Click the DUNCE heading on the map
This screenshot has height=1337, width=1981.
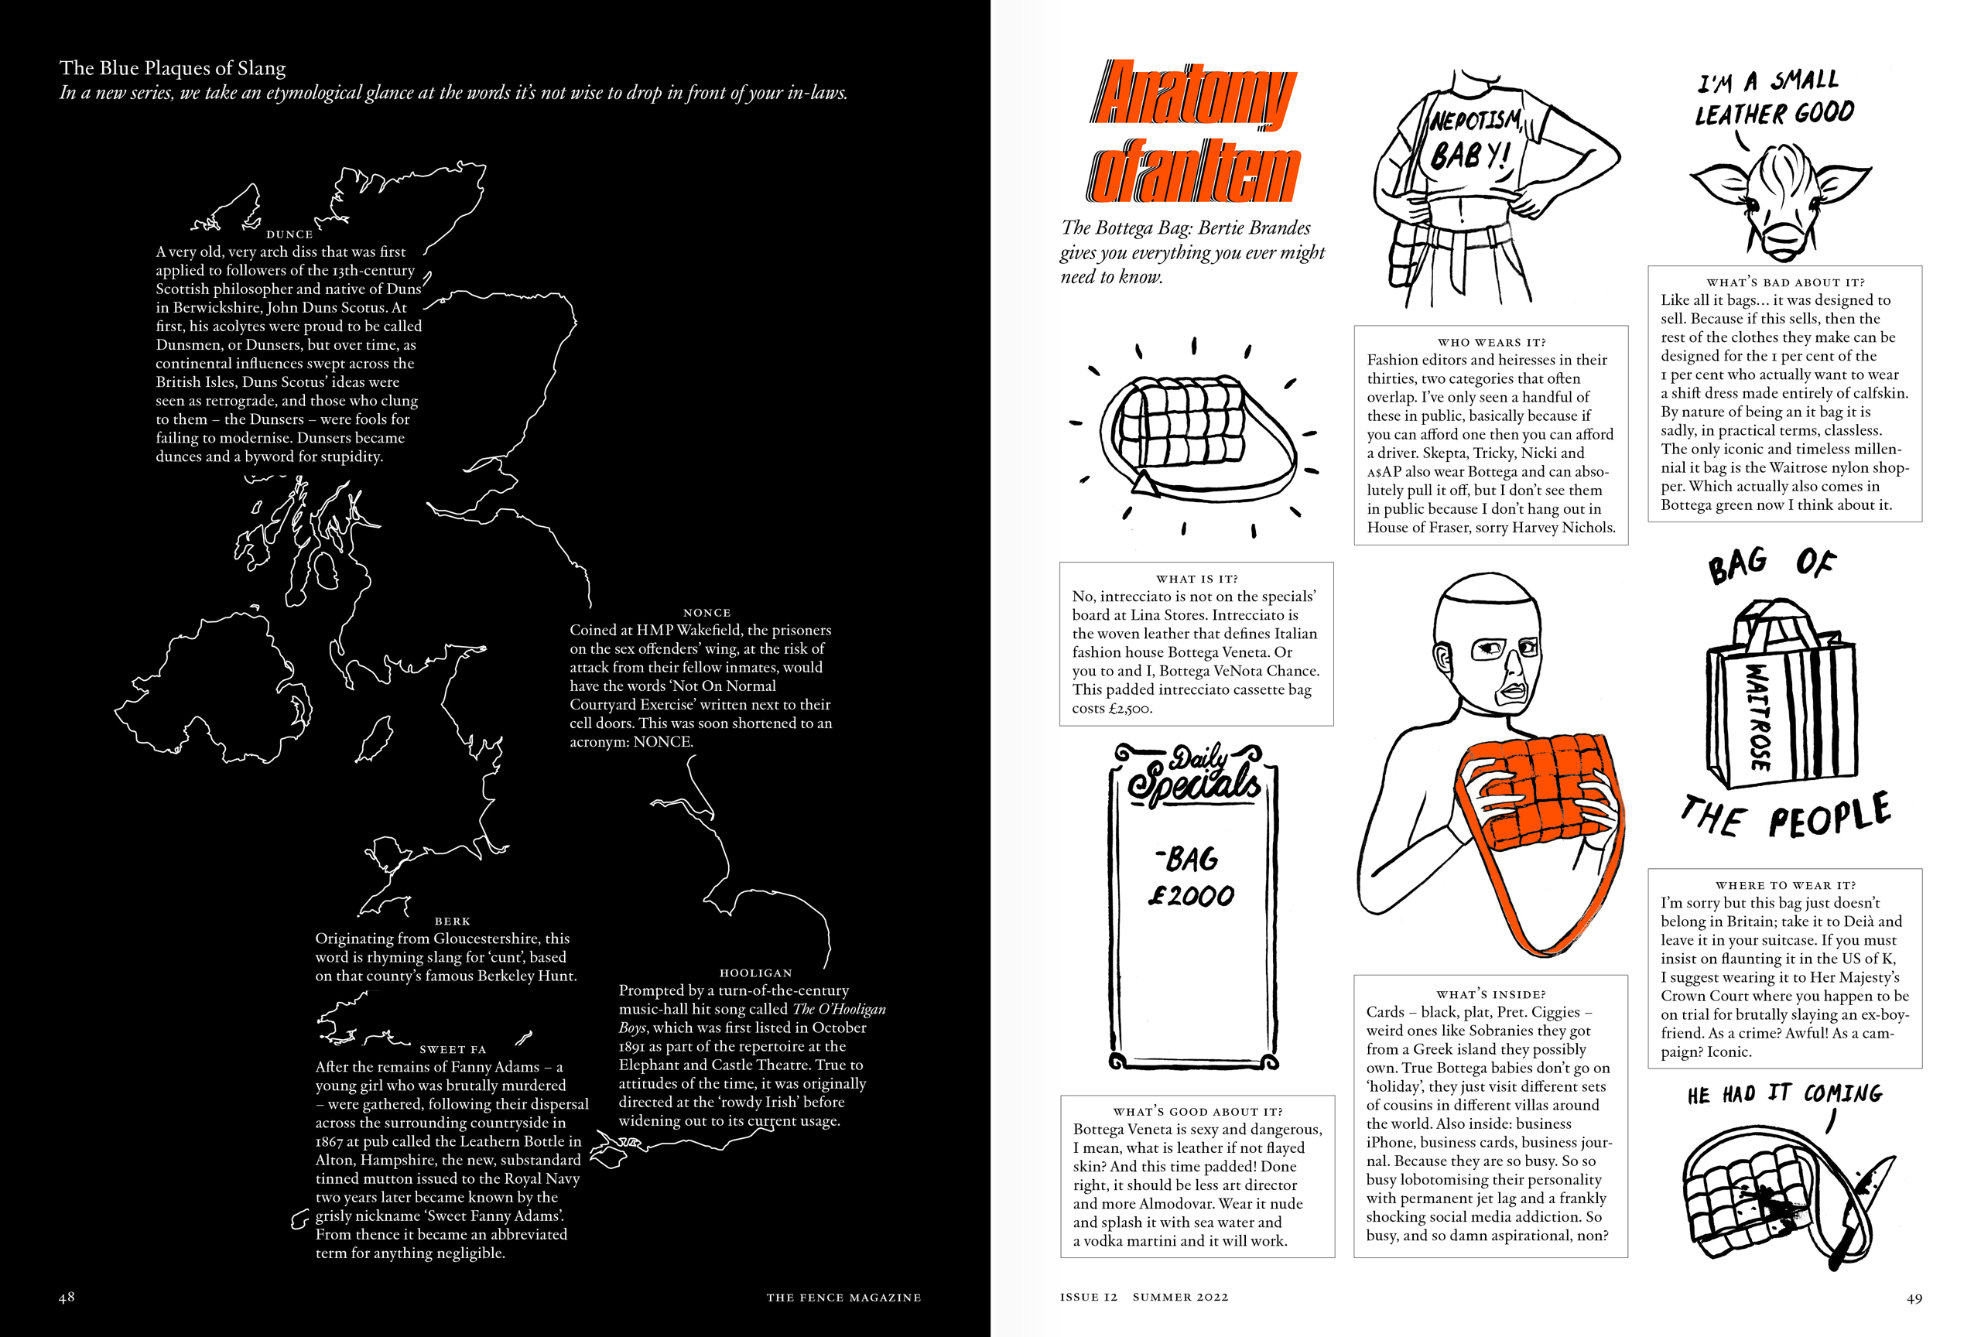point(289,234)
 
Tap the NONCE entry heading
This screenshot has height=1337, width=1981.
point(707,613)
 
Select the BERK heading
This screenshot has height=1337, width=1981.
point(452,922)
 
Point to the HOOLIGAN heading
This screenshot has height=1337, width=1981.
point(755,973)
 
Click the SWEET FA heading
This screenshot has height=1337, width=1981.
point(453,1050)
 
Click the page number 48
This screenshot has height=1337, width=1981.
point(67,1297)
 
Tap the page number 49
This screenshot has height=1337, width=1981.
point(1914,1298)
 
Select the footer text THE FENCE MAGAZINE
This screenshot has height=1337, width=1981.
point(843,1298)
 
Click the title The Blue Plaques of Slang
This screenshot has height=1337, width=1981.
point(173,68)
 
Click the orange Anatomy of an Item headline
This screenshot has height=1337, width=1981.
point(1193,132)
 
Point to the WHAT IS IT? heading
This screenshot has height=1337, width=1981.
point(1197,579)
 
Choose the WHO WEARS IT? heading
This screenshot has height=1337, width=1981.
point(1491,343)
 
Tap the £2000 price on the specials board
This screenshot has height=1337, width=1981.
point(1191,896)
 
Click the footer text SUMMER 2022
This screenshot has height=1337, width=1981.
point(1180,1298)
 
